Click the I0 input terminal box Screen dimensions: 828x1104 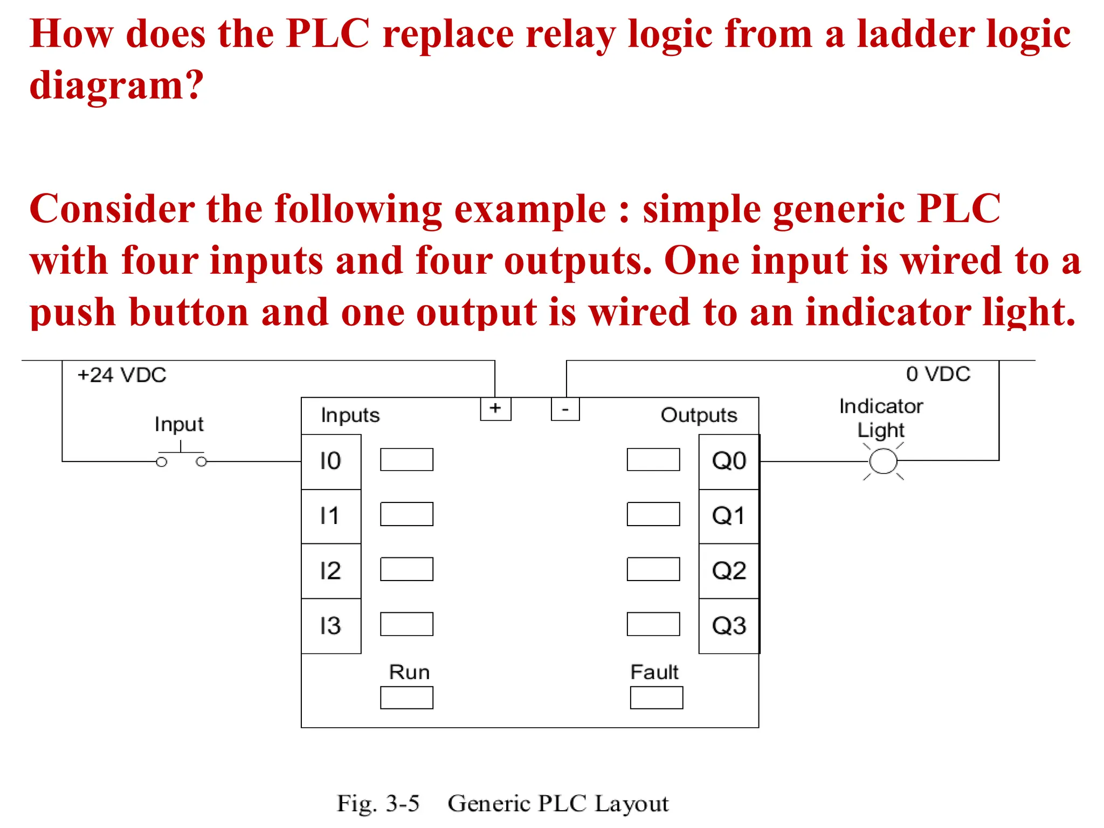point(331,461)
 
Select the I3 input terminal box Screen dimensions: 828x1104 point(331,626)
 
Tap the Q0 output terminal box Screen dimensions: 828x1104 point(729,461)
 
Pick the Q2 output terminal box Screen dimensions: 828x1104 point(729,571)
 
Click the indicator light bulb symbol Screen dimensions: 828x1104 point(883,461)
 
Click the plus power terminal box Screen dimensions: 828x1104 point(495,409)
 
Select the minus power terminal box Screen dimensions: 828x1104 point(565,409)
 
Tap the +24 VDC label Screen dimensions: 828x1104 point(122,375)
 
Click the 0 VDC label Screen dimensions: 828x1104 point(938,374)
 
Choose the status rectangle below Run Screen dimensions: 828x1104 point(406,698)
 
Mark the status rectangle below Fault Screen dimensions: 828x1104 point(656,698)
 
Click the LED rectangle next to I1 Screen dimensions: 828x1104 point(406,514)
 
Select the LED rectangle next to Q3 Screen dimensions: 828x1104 point(653,624)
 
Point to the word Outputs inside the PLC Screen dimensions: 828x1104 point(699,415)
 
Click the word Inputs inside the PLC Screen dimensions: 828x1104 point(350,415)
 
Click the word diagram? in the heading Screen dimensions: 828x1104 point(116,85)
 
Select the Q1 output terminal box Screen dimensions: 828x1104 point(729,516)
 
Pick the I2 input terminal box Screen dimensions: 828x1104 point(331,571)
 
